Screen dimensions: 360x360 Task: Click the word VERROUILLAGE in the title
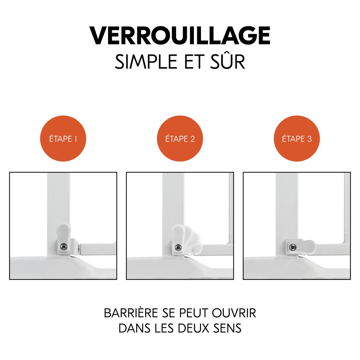[180, 36]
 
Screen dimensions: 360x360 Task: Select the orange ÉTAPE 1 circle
[63, 139]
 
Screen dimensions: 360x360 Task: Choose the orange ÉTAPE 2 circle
[180, 139]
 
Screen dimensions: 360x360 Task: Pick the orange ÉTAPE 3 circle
[297, 139]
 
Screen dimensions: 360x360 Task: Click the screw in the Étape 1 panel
[63, 246]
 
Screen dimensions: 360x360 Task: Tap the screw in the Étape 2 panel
[178, 247]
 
